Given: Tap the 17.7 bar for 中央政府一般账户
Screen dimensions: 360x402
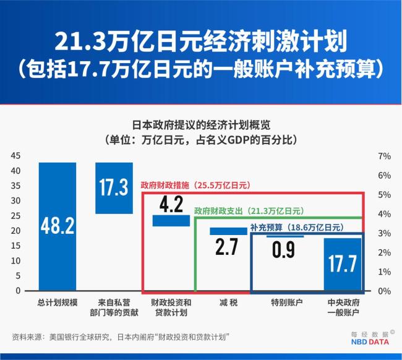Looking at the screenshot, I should tap(342, 264).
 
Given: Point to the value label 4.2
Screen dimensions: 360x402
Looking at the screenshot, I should tap(171, 204).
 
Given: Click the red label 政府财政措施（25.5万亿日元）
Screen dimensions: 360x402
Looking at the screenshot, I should tap(195, 185).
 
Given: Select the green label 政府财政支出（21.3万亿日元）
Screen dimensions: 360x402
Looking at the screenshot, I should tap(249, 210).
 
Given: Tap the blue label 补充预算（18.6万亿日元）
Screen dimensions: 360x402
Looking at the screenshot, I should tap(297, 227).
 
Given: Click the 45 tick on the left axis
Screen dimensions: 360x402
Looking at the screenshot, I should tap(15, 156).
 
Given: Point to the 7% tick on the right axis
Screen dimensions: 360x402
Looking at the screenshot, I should tap(384, 156).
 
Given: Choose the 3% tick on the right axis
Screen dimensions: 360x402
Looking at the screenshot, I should tap(384, 233).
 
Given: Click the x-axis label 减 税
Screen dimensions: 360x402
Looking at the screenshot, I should tap(228, 303).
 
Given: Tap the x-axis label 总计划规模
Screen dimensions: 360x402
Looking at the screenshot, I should tap(57, 303).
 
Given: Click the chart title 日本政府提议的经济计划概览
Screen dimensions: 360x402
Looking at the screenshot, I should tap(200, 124).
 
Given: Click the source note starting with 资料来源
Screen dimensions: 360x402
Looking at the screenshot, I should tap(121, 337).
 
